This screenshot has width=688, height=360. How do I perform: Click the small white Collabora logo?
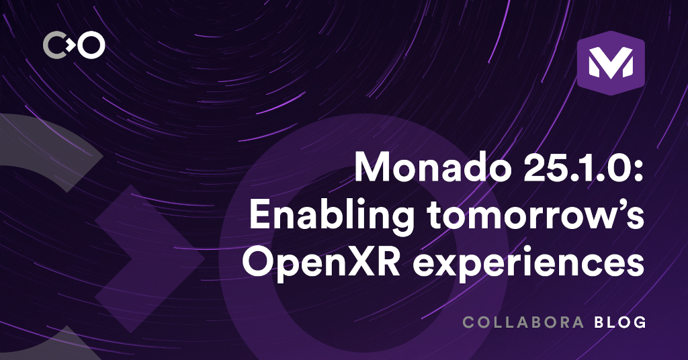point(74,46)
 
